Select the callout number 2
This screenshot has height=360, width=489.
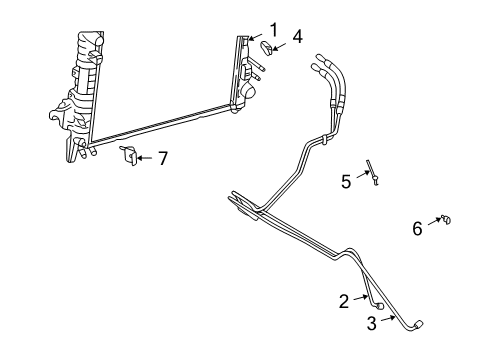[344, 299]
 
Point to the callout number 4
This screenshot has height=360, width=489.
[297, 38]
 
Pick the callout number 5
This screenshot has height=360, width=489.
[346, 181]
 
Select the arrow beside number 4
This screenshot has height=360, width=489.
[283, 44]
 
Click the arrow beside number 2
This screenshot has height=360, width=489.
[360, 298]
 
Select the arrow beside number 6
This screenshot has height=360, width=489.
[434, 223]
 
